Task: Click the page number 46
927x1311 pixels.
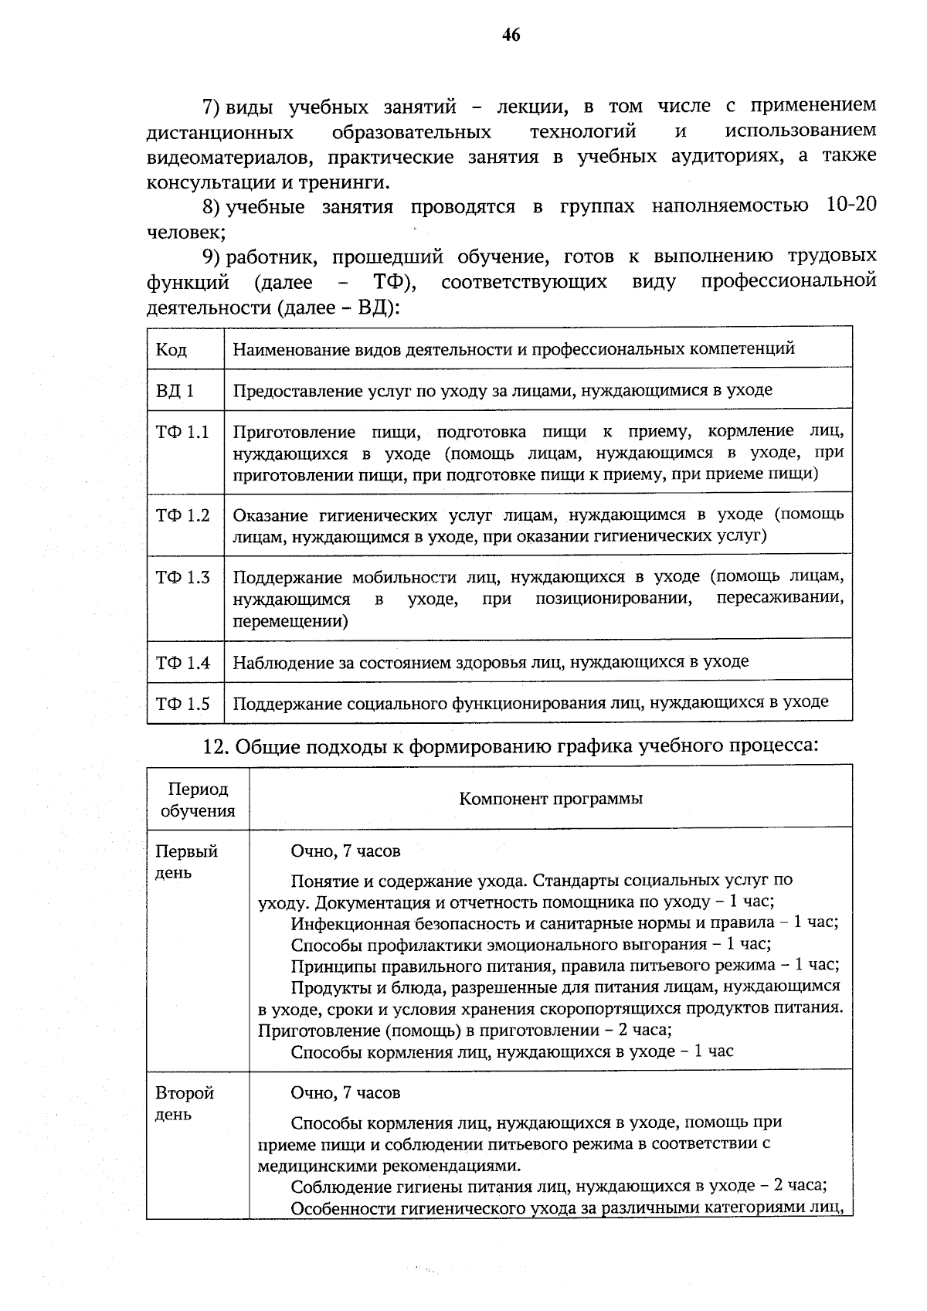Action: point(511,35)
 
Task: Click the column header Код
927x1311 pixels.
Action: point(171,349)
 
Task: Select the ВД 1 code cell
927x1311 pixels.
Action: point(175,390)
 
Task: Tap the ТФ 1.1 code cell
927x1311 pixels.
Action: point(182,432)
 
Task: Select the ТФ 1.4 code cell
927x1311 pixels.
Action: point(182,662)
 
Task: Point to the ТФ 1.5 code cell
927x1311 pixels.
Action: point(182,704)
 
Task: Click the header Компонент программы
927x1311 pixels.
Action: point(550,798)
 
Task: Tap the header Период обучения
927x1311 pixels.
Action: point(198,800)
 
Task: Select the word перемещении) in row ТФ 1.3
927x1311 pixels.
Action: point(290,620)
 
